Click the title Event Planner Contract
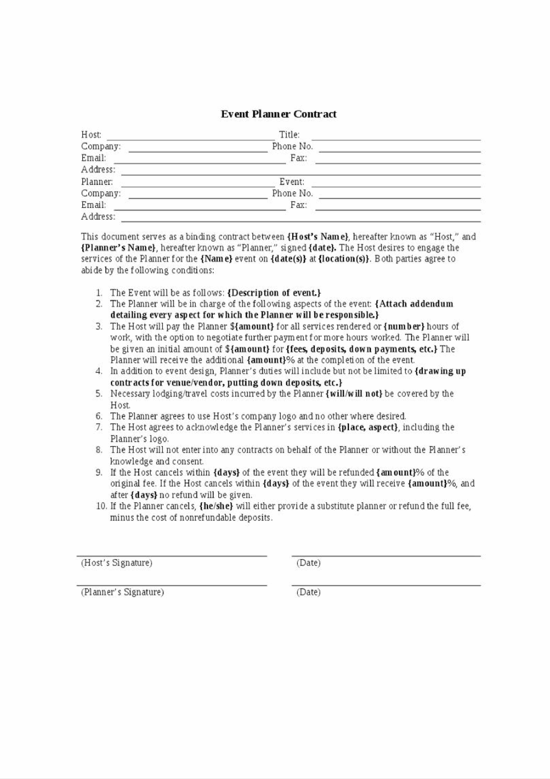[278, 114]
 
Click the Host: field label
[91, 135]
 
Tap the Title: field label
[289, 135]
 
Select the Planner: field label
[97, 182]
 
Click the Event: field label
[292, 182]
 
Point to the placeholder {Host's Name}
[318, 236]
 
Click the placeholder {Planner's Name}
[118, 248]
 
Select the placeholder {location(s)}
[344, 259]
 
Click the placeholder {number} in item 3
[404, 327]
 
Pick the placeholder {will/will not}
[354, 393]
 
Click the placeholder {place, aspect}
[368, 427]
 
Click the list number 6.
[99, 416]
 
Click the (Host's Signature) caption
[117, 563]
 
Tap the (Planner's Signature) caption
[123, 592]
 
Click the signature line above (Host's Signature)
[171, 556]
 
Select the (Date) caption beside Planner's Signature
[308, 592]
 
